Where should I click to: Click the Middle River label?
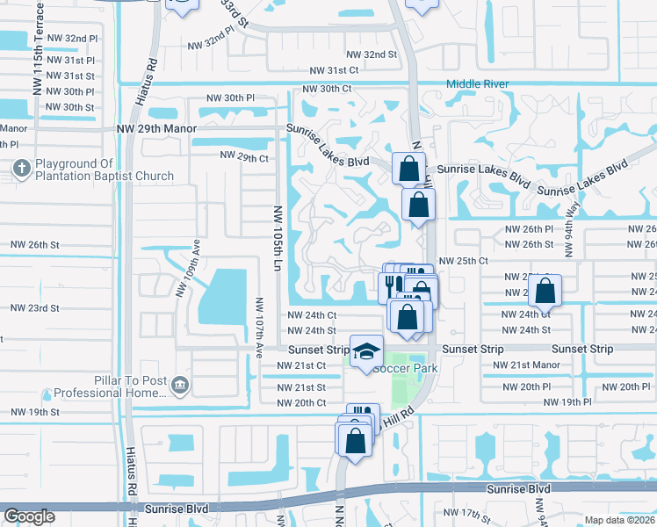click(x=478, y=84)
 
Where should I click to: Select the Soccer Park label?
click(x=405, y=368)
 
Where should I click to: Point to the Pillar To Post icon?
click(x=179, y=384)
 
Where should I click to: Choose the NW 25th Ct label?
click(x=463, y=261)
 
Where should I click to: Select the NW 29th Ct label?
click(x=243, y=158)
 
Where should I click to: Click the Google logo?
click(x=29, y=516)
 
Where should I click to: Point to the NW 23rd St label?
click(x=34, y=308)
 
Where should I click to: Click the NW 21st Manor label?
click(x=535, y=365)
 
